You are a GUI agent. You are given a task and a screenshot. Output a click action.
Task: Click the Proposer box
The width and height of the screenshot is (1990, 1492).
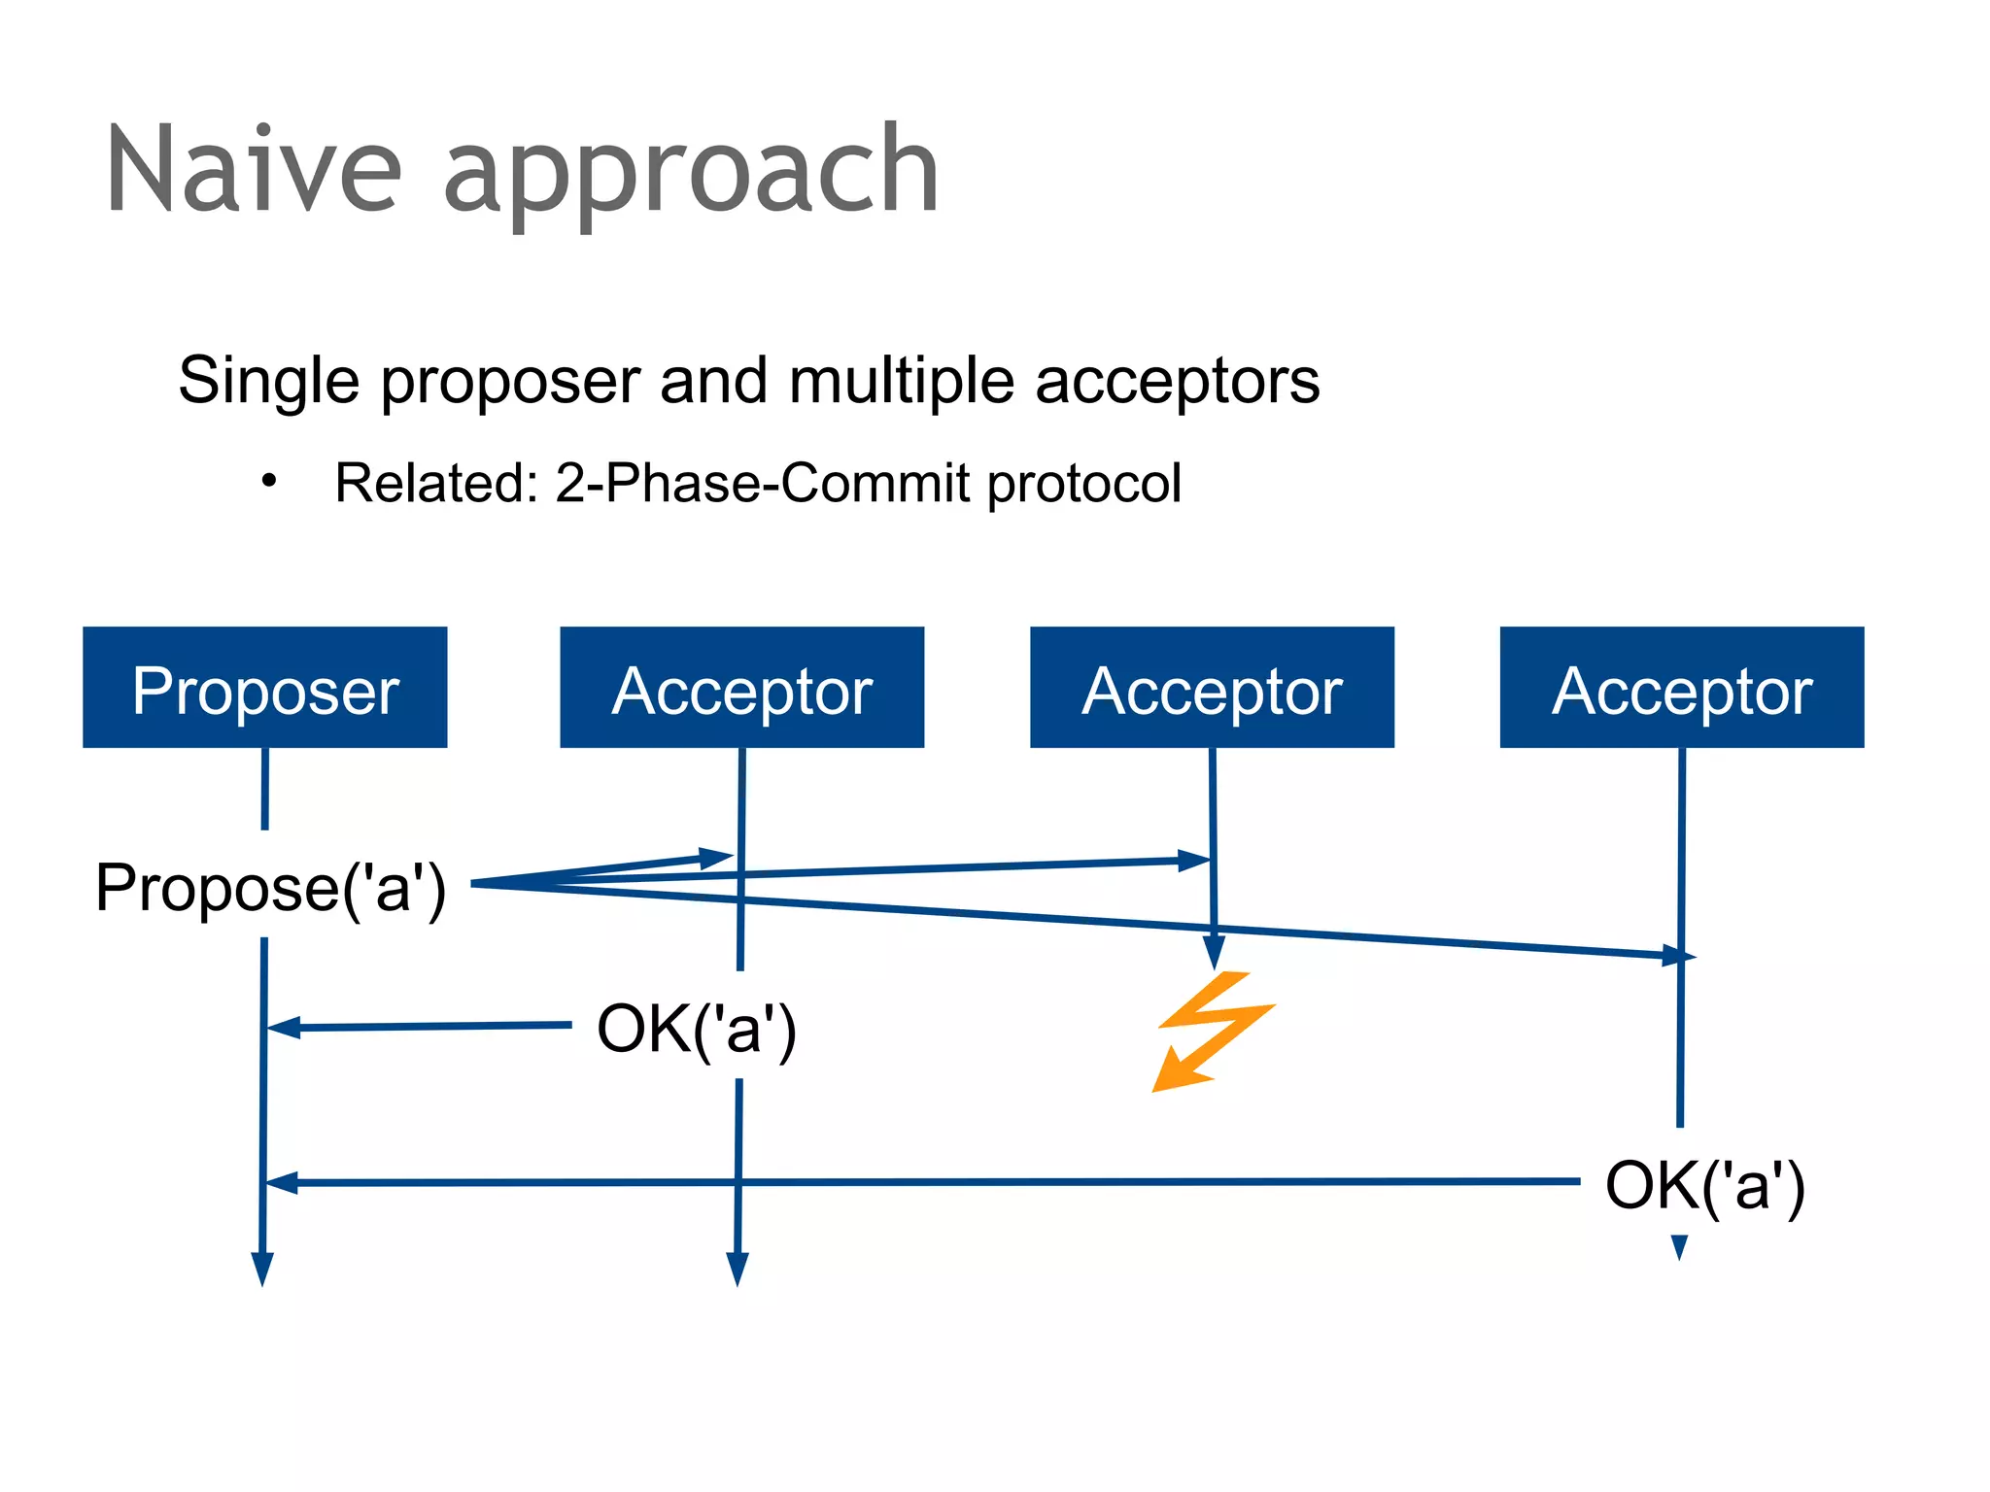264,687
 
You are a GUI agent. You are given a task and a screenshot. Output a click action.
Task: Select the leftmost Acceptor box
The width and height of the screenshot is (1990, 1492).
741,687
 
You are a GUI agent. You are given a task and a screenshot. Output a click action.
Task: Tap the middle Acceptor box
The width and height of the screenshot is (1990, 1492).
1212,687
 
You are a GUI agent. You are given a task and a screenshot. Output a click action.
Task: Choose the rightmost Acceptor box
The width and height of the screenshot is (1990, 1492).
1681,687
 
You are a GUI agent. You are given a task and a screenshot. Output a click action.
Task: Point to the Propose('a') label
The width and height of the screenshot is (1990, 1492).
270,887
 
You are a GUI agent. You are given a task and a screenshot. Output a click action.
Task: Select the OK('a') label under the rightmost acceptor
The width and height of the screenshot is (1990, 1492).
1704,1184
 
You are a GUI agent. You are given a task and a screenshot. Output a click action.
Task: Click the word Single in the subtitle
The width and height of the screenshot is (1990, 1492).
268,381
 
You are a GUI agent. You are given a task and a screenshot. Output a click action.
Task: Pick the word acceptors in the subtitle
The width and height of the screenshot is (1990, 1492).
1177,381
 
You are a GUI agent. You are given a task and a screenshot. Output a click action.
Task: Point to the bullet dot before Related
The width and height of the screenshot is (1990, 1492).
269,480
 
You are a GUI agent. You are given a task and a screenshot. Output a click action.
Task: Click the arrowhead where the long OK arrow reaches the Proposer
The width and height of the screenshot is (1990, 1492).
282,1182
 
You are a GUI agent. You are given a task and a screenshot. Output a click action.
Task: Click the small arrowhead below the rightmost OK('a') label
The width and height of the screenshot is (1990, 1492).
1679,1245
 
